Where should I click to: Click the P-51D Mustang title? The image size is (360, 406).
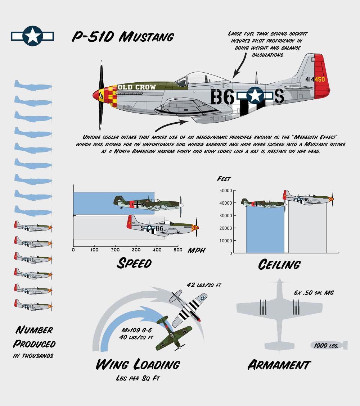[123, 37]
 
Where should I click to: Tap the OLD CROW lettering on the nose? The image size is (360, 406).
[136, 87]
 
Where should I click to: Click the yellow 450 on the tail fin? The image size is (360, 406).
[319, 79]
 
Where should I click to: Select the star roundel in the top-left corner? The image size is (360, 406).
[32, 36]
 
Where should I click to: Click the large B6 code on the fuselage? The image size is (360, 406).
[222, 97]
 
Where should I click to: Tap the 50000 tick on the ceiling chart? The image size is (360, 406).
[226, 191]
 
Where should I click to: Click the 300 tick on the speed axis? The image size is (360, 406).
[136, 250]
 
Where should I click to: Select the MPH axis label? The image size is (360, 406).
[197, 250]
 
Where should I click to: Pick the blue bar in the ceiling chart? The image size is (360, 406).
[265, 229]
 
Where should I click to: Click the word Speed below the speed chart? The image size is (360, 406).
[134, 263]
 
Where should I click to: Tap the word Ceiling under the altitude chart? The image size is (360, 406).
[279, 264]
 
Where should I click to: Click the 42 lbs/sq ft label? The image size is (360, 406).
[204, 285]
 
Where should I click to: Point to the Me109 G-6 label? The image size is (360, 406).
[136, 330]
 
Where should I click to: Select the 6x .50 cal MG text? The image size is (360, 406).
[314, 293]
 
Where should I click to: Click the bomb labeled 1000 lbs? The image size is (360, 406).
[329, 345]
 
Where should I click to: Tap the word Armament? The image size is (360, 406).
[279, 365]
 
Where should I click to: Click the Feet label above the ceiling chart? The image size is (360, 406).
[224, 179]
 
